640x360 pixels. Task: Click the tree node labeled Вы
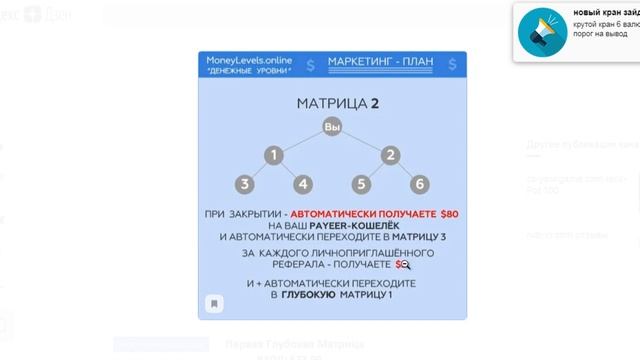point(332,127)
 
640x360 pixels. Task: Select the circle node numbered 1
point(275,155)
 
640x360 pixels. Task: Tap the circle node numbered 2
point(390,155)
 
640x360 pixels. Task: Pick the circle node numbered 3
point(246,184)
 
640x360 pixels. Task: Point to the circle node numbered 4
point(304,184)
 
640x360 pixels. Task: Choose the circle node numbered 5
point(361,184)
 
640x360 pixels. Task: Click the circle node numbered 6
point(420,184)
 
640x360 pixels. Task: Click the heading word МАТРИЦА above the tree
point(325,104)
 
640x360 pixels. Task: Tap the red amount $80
point(449,214)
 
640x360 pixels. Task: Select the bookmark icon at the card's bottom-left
point(214,303)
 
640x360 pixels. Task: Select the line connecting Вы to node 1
point(302,141)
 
